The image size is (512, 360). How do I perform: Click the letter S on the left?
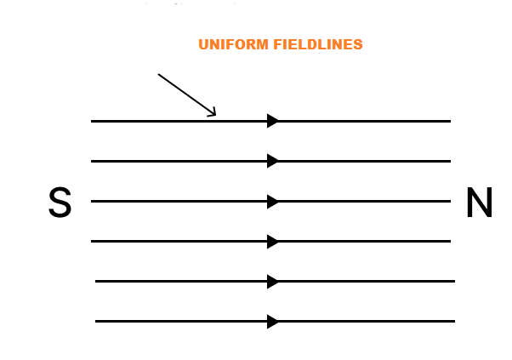tap(60, 202)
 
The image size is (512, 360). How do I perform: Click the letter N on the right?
tap(479, 202)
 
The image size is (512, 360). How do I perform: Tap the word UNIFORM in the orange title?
tap(234, 44)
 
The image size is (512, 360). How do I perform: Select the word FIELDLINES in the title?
tap(318, 44)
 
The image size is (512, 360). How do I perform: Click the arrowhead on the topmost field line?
tap(273, 121)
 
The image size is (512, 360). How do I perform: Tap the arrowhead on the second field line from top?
tap(273, 161)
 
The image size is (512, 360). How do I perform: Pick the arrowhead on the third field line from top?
tap(273, 201)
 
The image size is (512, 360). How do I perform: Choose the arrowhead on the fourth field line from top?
tap(273, 242)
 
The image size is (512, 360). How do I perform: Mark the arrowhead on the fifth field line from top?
tap(273, 281)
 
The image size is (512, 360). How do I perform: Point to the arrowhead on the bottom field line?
tap(273, 322)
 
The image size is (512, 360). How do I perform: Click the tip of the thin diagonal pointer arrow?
tap(215, 115)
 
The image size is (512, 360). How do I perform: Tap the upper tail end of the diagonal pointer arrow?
tap(158, 74)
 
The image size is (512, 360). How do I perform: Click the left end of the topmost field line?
tap(91, 121)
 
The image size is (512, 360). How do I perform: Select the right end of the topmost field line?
tap(451, 121)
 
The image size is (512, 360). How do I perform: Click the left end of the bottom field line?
tap(95, 322)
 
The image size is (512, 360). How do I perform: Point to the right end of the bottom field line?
tap(455, 322)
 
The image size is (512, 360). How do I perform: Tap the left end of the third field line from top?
tap(91, 201)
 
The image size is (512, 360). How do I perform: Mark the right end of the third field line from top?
tap(451, 201)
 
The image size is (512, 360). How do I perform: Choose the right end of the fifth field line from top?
tap(455, 281)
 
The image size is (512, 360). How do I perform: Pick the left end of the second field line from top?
tap(91, 161)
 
